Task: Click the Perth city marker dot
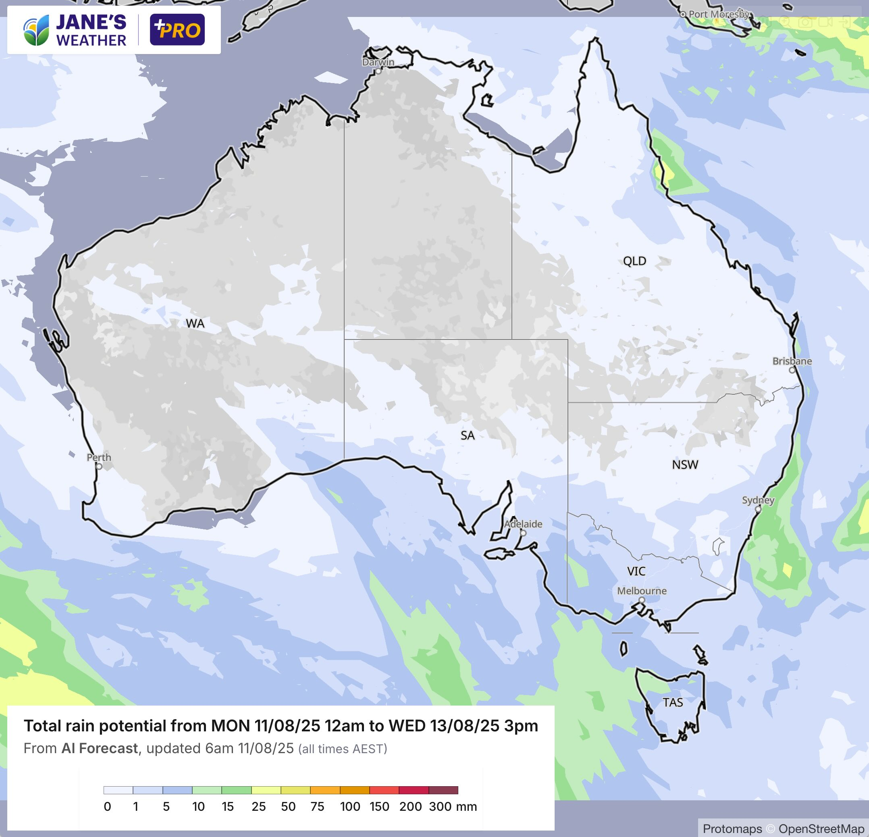(99, 466)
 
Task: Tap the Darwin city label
(378, 62)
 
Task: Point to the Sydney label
(758, 500)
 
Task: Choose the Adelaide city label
(523, 524)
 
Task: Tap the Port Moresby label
(719, 14)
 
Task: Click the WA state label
(195, 323)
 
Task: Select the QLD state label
(634, 261)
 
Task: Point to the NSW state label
(685, 464)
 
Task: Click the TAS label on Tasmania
(673, 702)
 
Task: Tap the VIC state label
(636, 571)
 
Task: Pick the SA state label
(467, 435)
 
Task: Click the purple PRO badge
(177, 30)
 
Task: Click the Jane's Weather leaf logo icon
(36, 30)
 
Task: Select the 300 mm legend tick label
(440, 806)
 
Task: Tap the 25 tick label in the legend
(258, 806)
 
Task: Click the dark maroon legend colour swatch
(443, 790)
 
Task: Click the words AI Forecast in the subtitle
(100, 748)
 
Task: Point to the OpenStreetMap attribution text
(821, 829)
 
